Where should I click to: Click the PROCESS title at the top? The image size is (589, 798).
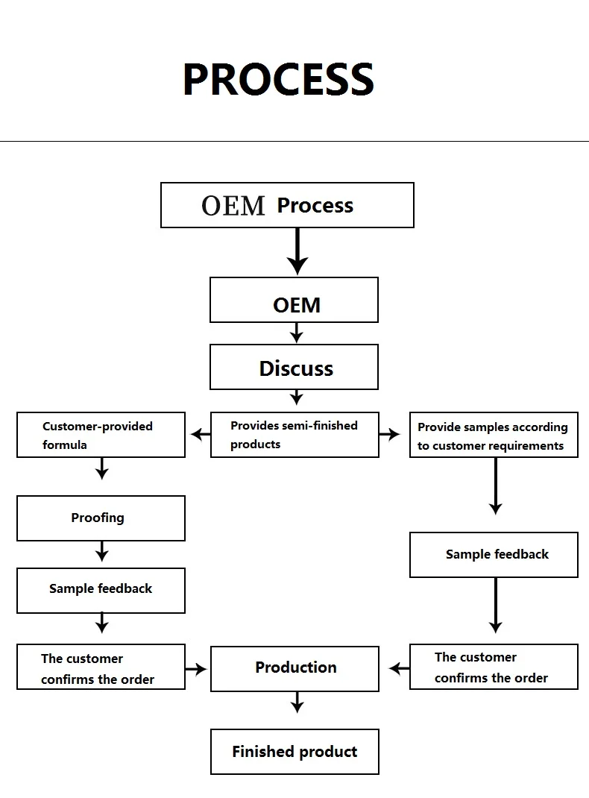pyautogui.click(x=278, y=79)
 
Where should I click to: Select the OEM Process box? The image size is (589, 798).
pyautogui.click(x=287, y=205)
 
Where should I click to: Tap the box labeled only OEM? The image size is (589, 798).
pyautogui.click(x=294, y=300)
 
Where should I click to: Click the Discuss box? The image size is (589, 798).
pyautogui.click(x=294, y=367)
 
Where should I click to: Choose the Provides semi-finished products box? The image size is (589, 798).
pyautogui.click(x=294, y=435)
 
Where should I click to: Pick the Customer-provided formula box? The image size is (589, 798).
pyautogui.click(x=101, y=435)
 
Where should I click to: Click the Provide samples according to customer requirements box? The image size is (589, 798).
pyautogui.click(x=494, y=436)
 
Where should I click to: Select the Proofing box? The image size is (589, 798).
pyautogui.click(x=101, y=518)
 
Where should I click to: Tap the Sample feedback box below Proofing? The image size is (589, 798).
pyautogui.click(x=101, y=591)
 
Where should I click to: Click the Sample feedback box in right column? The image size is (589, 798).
pyautogui.click(x=494, y=555)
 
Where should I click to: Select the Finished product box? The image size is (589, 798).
pyautogui.click(x=294, y=752)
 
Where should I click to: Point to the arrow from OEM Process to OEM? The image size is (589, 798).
pyautogui.click(x=297, y=251)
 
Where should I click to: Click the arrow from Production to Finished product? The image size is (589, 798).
pyautogui.click(x=297, y=702)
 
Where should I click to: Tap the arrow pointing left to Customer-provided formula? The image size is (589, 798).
pyautogui.click(x=200, y=433)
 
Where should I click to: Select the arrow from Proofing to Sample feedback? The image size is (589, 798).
pyautogui.click(x=102, y=551)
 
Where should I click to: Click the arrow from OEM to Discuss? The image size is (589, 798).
pyautogui.click(x=297, y=332)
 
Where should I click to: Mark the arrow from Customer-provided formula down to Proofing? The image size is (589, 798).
pyautogui.click(x=102, y=468)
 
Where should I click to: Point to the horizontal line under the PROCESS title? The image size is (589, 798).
pyautogui.click(x=294, y=141)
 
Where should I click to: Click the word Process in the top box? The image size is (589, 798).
pyautogui.click(x=315, y=205)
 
